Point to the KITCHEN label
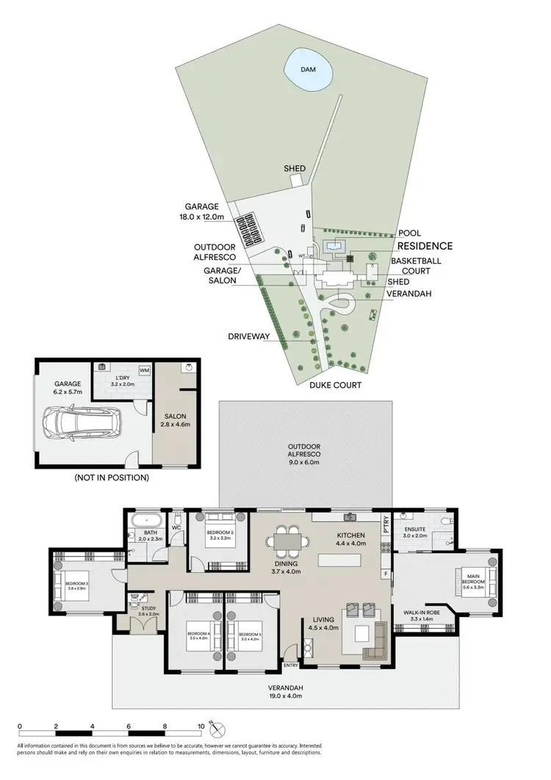[x=351, y=535]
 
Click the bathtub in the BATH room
[x=140, y=524]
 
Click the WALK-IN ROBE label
[x=422, y=613]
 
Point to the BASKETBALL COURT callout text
[x=411, y=265]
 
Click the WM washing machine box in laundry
[x=144, y=370]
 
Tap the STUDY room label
[x=149, y=609]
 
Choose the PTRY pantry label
[x=385, y=527]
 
